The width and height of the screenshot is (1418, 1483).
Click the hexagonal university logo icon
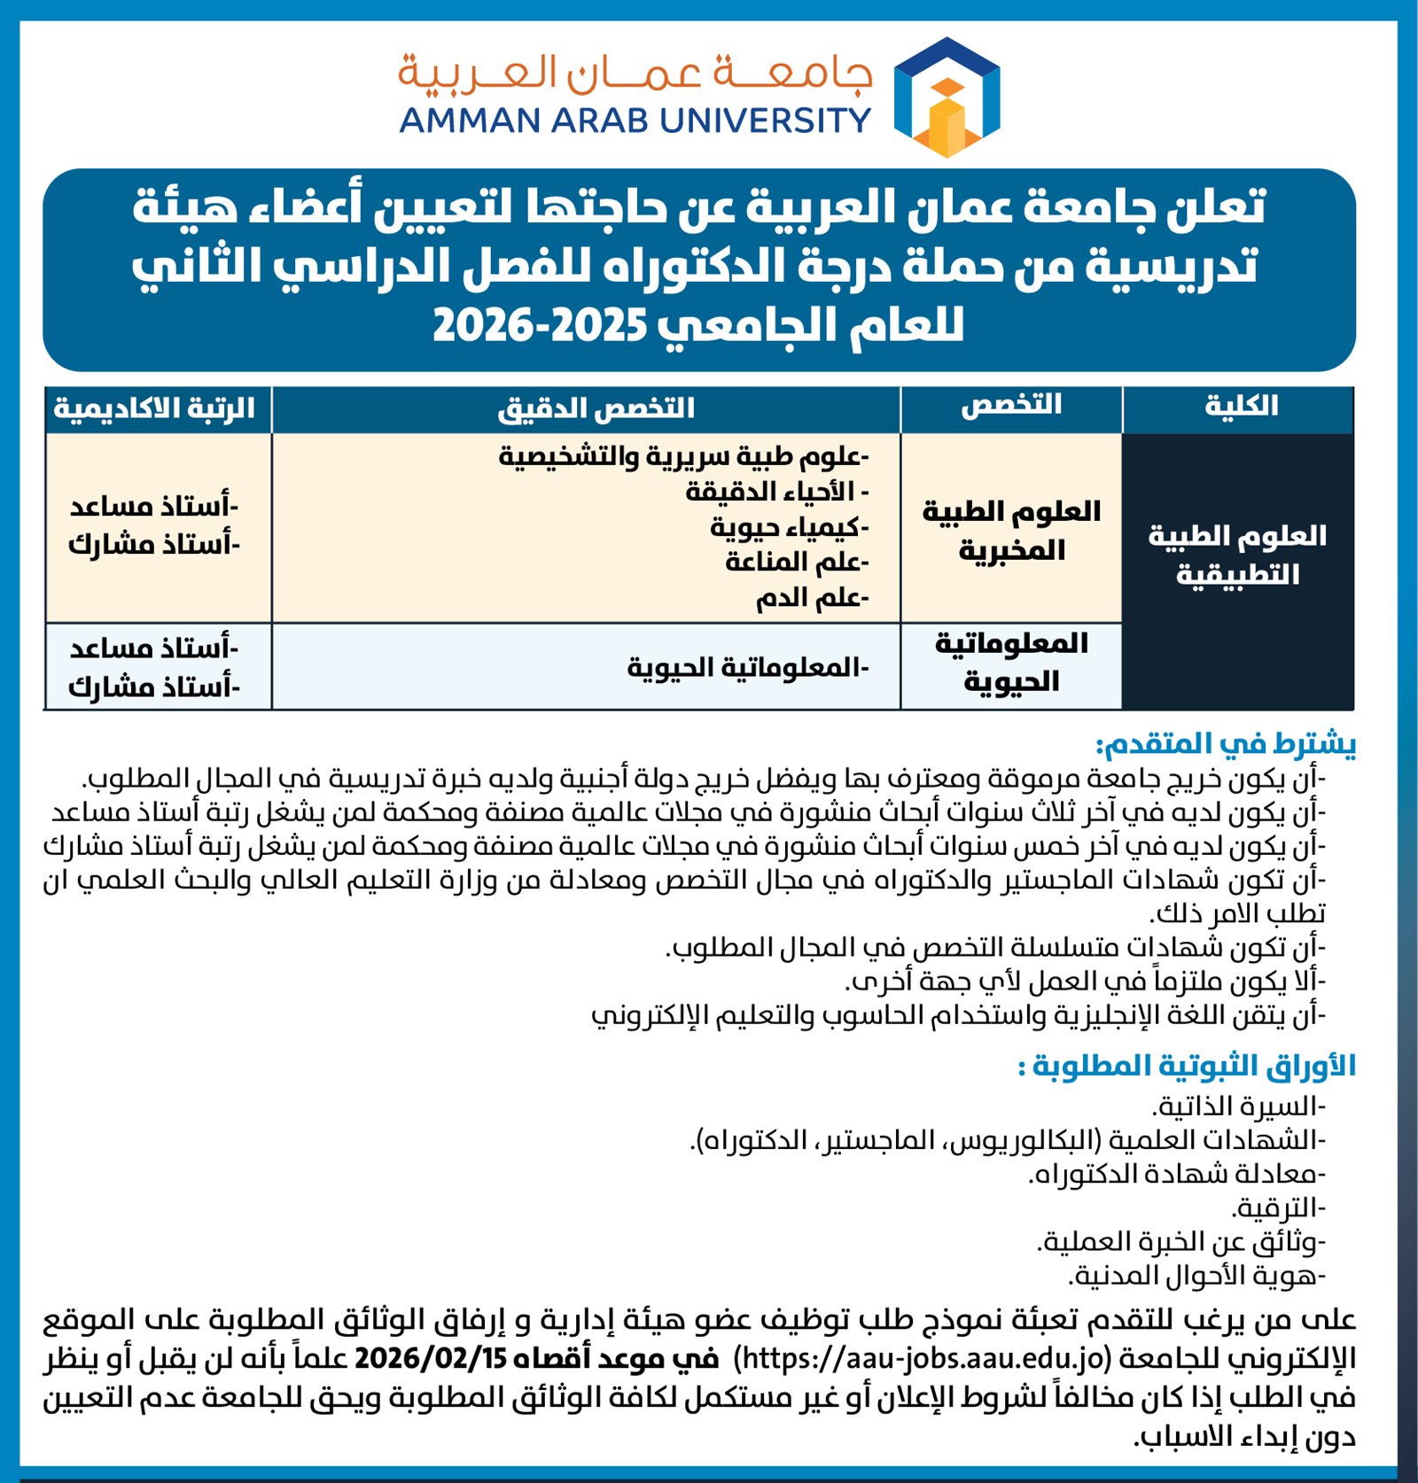(947, 97)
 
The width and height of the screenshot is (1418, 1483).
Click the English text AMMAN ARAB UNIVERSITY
(635, 120)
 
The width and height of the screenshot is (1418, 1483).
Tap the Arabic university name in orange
(635, 73)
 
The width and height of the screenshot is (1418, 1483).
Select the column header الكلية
(1240, 407)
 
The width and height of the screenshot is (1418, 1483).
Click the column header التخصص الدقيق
(596, 408)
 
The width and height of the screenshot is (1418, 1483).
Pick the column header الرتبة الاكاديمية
(154, 408)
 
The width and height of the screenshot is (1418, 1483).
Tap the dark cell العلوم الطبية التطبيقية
(1237, 555)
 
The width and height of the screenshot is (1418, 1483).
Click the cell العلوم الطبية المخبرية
(1011, 530)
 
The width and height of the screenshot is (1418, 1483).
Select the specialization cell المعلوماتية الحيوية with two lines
(1011, 662)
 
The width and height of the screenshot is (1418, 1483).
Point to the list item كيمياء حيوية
(788, 527)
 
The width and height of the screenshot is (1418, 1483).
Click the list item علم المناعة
(796, 562)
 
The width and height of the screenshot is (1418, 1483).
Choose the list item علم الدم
(811, 598)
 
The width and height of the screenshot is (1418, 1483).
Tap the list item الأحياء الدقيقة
(775, 491)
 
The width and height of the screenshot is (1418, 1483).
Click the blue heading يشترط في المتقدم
(1225, 744)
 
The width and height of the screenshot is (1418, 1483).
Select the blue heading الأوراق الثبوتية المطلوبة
(1187, 1065)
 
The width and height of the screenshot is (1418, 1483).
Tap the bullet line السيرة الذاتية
(1238, 1106)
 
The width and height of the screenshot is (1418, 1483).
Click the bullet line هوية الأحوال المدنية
(1196, 1276)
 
